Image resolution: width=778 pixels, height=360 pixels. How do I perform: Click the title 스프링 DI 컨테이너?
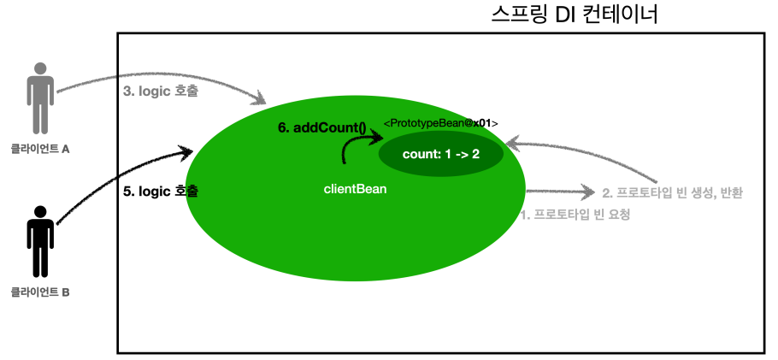click(575, 15)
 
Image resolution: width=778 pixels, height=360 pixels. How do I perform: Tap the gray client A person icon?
click(39, 96)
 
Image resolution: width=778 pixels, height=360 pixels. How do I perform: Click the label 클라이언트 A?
click(39, 148)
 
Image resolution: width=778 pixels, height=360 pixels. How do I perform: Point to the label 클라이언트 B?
click(39, 292)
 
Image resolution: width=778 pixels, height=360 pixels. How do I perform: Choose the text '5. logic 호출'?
click(161, 192)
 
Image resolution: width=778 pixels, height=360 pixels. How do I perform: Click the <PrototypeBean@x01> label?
click(440, 124)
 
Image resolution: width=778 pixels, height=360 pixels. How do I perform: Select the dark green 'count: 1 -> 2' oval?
click(441, 156)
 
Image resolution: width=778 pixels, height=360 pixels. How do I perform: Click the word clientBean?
click(355, 188)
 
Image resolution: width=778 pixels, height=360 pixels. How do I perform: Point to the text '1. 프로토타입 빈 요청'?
click(575, 215)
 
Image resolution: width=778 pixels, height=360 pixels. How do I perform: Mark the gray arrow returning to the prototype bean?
click(598, 158)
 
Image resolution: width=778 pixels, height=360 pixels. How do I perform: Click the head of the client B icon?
click(39, 211)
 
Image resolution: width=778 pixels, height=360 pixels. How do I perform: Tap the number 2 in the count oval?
click(474, 156)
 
